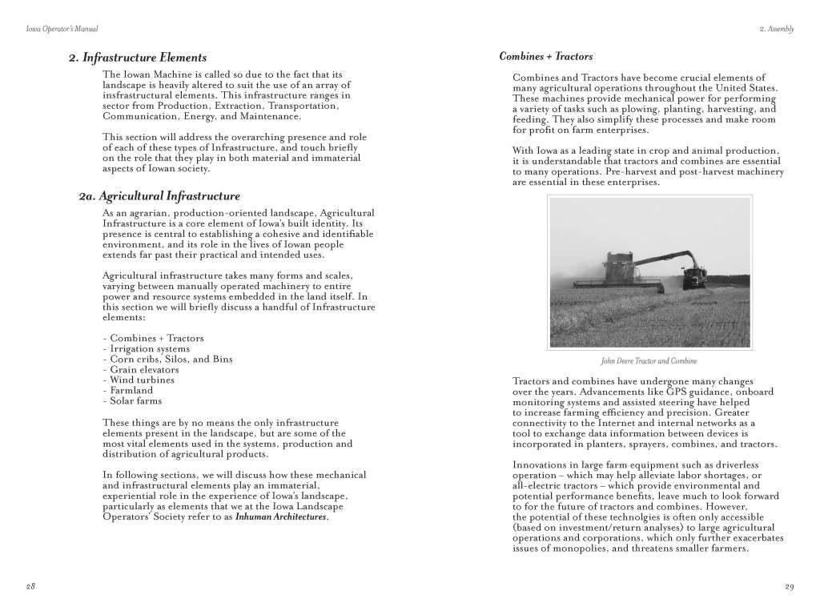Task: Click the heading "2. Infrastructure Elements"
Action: coord(137,58)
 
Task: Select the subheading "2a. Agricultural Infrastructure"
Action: coord(159,195)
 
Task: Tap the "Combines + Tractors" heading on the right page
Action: coord(546,57)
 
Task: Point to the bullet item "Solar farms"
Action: coord(135,401)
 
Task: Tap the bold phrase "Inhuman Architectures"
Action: coord(281,517)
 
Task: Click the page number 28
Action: coord(30,587)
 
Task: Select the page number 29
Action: coord(789,587)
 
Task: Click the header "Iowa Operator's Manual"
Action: coord(62,30)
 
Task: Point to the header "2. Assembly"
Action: coord(776,30)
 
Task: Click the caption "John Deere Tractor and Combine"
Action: coord(649,361)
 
